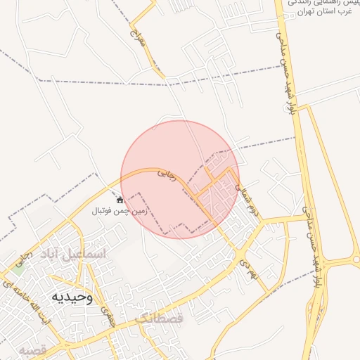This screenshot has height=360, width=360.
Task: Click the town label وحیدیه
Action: [72, 297]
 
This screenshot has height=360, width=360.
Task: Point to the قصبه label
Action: [32, 349]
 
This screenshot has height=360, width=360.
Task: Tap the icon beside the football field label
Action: [120, 200]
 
